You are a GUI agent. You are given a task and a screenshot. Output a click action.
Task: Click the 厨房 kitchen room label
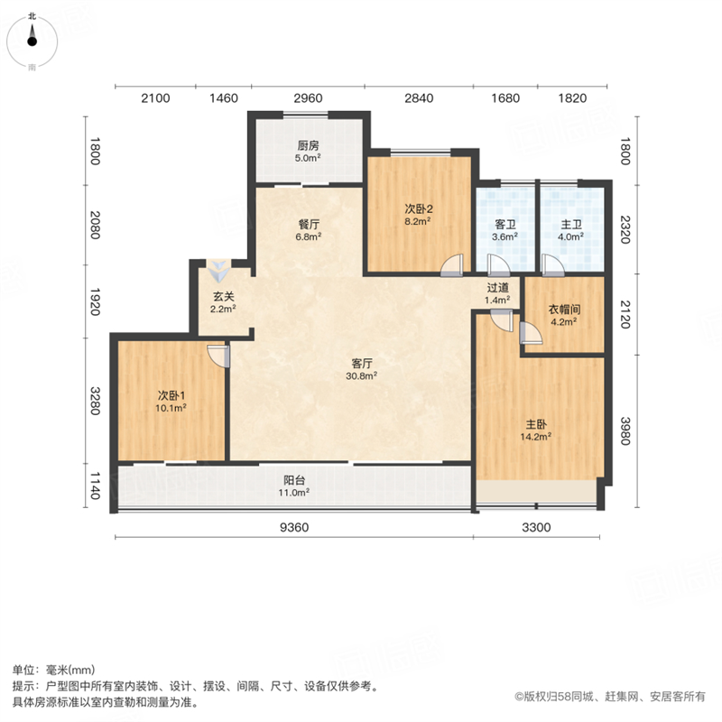click(x=308, y=145)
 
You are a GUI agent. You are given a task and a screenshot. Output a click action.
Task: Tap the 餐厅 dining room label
click(x=309, y=224)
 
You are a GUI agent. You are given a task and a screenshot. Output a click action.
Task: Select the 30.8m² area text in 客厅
click(x=362, y=375)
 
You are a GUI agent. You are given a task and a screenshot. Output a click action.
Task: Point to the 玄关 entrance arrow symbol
click(x=218, y=271)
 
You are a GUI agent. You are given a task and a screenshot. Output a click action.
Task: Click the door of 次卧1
click(x=218, y=356)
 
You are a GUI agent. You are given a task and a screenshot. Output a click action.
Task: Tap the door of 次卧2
click(x=452, y=265)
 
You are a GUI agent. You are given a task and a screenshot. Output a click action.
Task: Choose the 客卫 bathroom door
click(x=498, y=265)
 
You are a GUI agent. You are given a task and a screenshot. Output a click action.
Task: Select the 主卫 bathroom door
click(x=553, y=265)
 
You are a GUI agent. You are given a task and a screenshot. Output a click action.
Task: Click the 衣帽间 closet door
click(x=531, y=332)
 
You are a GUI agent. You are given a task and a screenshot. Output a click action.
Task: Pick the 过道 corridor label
click(x=498, y=288)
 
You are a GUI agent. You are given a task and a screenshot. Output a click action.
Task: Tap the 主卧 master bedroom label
click(x=536, y=424)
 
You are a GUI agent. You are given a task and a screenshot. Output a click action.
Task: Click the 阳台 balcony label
click(x=294, y=480)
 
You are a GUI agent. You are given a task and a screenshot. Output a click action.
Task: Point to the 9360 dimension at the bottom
click(x=294, y=527)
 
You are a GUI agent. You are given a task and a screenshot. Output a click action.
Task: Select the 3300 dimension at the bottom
click(x=536, y=527)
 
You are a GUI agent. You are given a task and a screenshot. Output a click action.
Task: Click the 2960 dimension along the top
click(x=308, y=98)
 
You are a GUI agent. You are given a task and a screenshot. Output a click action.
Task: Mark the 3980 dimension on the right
click(x=625, y=431)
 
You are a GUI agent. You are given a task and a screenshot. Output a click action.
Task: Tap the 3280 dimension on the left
click(x=95, y=401)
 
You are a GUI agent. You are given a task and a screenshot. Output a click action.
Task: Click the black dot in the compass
click(x=32, y=42)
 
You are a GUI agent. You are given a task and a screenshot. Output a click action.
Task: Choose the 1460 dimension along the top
click(x=224, y=98)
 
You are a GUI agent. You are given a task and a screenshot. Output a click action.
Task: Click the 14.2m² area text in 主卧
click(x=536, y=437)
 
